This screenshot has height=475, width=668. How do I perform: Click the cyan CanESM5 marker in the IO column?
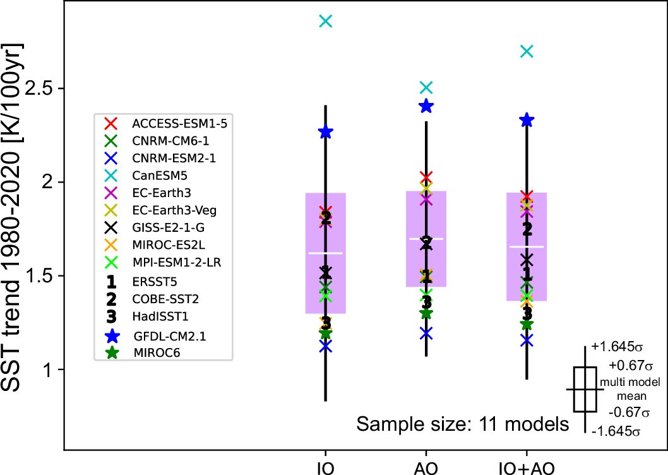325,21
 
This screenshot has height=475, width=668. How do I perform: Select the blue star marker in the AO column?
426,106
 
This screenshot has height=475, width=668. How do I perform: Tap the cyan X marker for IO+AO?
527,51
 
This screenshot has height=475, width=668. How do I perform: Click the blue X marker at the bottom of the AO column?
426,332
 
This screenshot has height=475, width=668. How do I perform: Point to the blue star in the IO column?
325,132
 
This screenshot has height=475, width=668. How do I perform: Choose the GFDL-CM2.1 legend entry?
165,336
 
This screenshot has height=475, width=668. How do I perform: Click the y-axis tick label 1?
48,370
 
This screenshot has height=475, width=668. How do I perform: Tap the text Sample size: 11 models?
462,424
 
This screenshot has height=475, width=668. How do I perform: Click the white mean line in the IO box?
325,253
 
